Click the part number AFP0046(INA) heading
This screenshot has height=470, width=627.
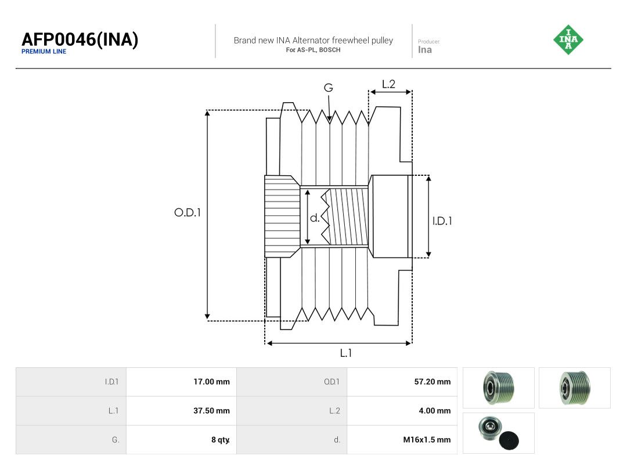click(80, 39)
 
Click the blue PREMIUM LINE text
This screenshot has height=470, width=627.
click(44, 52)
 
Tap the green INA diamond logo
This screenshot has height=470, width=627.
click(568, 39)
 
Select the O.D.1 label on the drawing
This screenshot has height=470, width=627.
click(187, 212)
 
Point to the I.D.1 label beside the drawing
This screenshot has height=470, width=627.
click(442, 220)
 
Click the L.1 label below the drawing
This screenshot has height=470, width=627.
click(345, 353)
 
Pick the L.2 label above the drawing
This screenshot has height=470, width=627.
click(388, 84)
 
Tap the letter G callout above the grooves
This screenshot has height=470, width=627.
click(328, 88)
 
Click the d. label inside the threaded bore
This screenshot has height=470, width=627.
click(315, 218)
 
